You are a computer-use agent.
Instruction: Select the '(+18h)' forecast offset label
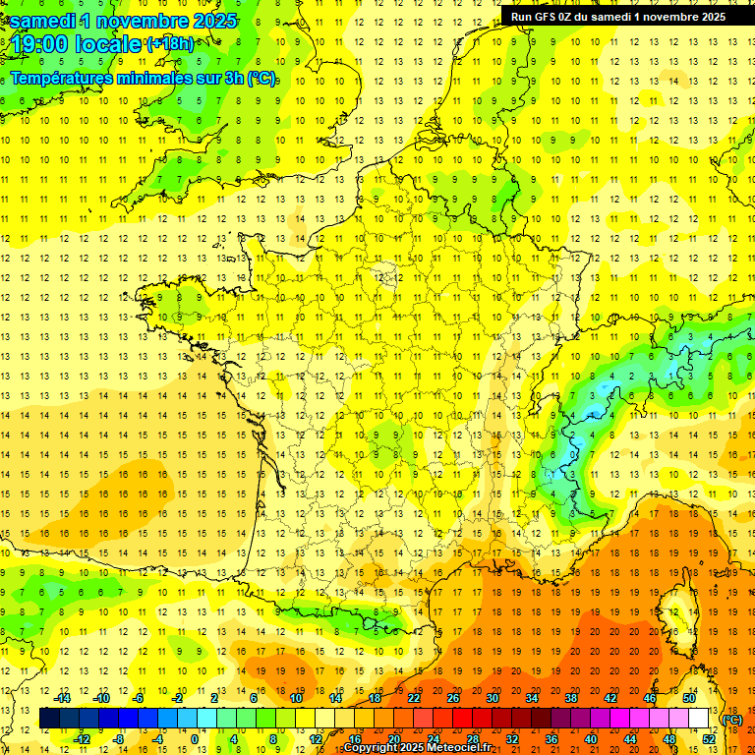[171, 44]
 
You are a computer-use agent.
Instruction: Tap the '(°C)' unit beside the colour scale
[732, 720]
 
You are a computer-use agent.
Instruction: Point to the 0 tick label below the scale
[194, 738]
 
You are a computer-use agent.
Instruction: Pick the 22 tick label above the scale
[414, 698]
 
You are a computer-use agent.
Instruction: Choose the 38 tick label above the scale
[571, 698]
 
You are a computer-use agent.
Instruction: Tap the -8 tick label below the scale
[118, 738]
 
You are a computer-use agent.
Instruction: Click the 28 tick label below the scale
[472, 738]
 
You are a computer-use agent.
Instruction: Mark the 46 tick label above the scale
[650, 698]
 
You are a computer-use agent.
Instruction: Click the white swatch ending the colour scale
[698, 719]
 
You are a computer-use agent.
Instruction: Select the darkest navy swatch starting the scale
[49, 719]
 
